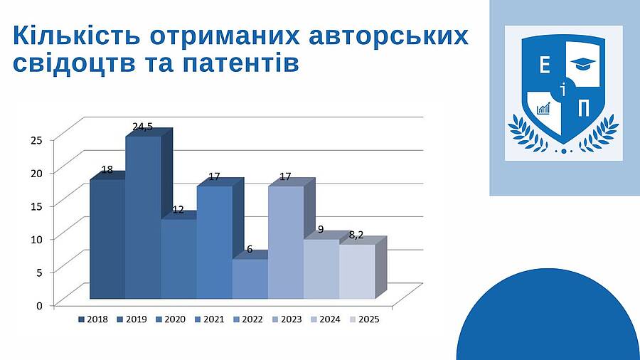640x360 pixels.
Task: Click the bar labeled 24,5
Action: pyautogui.click(x=143, y=218)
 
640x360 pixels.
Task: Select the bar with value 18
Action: pyautogui.click(x=107, y=239)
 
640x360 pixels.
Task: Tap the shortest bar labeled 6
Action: pyautogui.click(x=250, y=279)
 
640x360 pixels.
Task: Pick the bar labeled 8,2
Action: pyautogui.click(x=357, y=272)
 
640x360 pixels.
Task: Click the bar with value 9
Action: pyautogui.click(x=321, y=269)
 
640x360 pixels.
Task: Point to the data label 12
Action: pyautogui.click(x=178, y=210)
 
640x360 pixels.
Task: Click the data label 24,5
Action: pyautogui.click(x=142, y=127)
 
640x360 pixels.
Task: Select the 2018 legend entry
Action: pyautogui.click(x=93, y=319)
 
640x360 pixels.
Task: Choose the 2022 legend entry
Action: pyautogui.click(x=247, y=319)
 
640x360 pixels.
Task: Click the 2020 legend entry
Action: pyautogui.click(x=171, y=319)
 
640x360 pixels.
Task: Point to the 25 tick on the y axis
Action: pyautogui.click(x=37, y=140)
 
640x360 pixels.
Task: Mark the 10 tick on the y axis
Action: pyautogui.click(x=37, y=239)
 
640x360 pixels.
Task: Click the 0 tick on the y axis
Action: pyautogui.click(x=40, y=305)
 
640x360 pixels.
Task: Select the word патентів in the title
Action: pyautogui.click(x=241, y=63)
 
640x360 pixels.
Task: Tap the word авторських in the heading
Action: pyautogui.click(x=388, y=36)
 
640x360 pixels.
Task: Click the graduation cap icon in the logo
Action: pyautogui.click(x=583, y=63)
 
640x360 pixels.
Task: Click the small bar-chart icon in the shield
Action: pyautogui.click(x=543, y=108)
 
